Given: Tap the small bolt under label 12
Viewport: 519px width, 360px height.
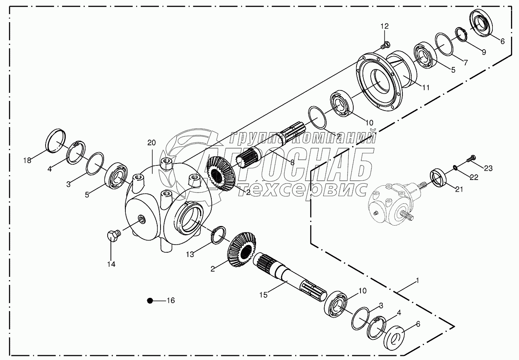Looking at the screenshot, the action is [386, 45].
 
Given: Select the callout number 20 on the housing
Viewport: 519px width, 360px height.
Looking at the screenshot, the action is [151, 142].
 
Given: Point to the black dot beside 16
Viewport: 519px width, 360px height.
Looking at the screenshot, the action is [150, 301].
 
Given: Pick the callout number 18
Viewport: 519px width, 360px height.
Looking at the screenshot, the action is [27, 161].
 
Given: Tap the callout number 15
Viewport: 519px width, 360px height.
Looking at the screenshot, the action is [263, 295].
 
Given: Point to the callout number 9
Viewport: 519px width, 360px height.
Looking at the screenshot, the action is [484, 52].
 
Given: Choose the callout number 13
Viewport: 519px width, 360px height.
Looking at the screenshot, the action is [190, 254].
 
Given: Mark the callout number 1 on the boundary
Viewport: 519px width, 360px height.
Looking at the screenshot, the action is [418, 280].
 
